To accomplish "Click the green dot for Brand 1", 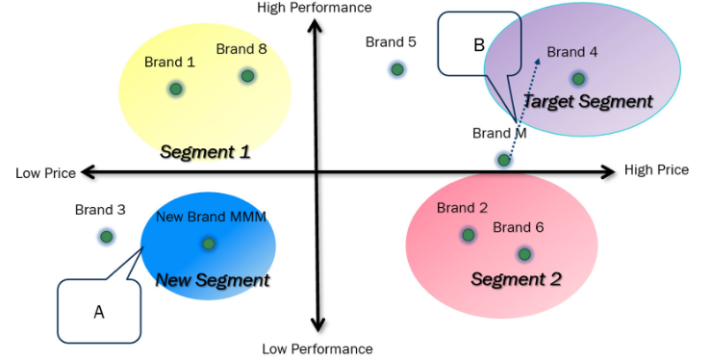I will (x=175, y=89).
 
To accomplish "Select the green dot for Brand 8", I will (x=247, y=75).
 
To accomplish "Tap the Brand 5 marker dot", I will (x=396, y=69).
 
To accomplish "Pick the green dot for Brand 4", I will (x=577, y=79).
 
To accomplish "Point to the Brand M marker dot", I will (x=503, y=160).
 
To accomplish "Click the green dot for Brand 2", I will (x=468, y=234).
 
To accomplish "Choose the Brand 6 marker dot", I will (x=523, y=254).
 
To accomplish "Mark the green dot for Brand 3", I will (x=106, y=237).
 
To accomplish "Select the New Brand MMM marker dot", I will (x=209, y=244).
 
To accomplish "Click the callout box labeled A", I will (x=99, y=311).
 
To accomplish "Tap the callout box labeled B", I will (x=478, y=43).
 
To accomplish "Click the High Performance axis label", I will (x=314, y=8).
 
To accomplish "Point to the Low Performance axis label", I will (x=317, y=348).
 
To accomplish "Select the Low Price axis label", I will (x=45, y=173).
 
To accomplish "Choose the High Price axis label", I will (x=656, y=170).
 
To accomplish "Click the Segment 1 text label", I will (x=205, y=151).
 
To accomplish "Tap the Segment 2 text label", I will (x=517, y=279).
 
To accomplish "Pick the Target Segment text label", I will (x=587, y=101).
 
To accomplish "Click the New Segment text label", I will (x=213, y=280).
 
